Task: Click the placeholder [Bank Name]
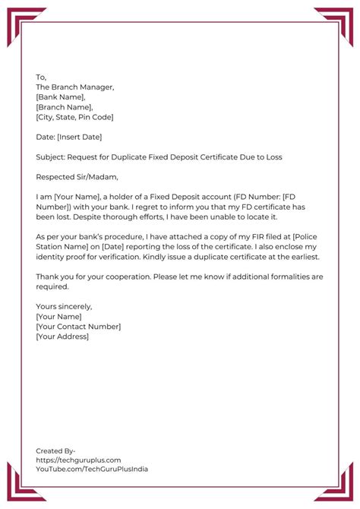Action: [x=60, y=97]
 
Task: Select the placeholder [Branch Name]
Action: [x=64, y=107]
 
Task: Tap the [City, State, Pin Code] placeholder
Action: [x=74, y=117]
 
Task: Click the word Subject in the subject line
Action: [x=51, y=156]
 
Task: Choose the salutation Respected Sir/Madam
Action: [x=76, y=177]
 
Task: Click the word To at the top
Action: [x=41, y=77]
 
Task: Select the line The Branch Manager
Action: [x=74, y=87]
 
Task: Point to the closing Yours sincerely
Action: [x=64, y=306]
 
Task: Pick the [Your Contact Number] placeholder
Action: [x=78, y=326]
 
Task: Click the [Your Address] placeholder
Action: [x=62, y=336]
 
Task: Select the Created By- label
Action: [x=55, y=451]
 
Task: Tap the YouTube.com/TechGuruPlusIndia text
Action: [x=92, y=469]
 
